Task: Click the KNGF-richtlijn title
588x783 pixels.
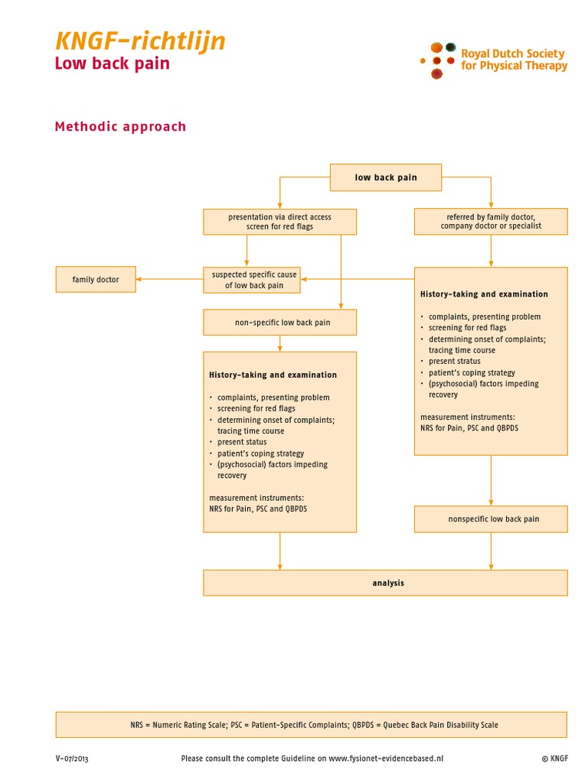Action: (139, 41)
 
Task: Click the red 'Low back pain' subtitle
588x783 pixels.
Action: (112, 63)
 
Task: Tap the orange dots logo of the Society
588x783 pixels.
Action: (437, 60)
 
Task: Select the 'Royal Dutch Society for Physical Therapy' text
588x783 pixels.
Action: (513, 60)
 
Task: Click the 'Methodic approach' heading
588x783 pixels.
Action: (120, 126)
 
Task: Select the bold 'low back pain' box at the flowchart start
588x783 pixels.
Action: (386, 177)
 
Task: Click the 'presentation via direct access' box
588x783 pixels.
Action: (279, 222)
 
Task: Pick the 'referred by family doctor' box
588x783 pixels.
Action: (491, 222)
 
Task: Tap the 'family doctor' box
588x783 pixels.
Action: (96, 279)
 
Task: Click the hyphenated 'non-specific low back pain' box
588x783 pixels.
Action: (279, 323)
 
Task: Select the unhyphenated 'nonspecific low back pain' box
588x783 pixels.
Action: (491, 519)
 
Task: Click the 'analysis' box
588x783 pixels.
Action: (385, 583)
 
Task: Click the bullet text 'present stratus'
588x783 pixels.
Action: (454, 361)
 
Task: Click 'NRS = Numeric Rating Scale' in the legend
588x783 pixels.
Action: (178, 725)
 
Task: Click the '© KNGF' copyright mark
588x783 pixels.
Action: (554, 759)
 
